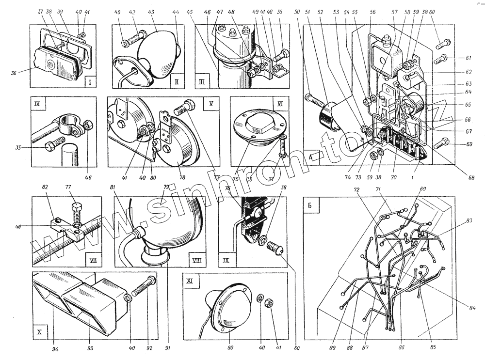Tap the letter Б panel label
(x=310, y=204)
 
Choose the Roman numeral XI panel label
(x=190, y=280)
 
